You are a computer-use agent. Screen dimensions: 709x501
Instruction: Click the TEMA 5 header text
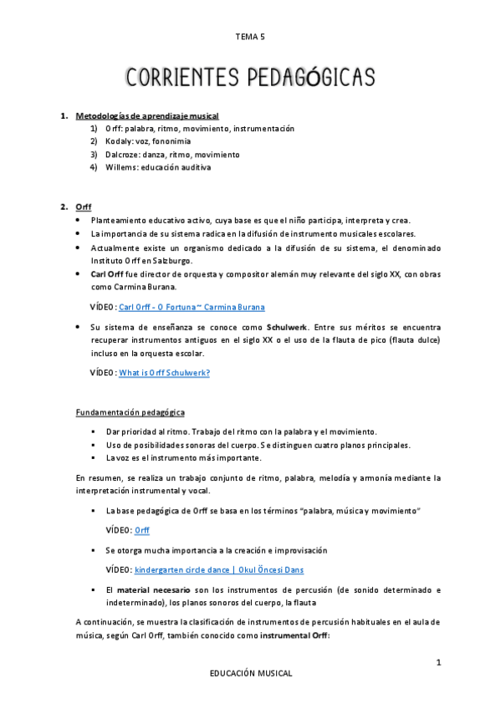click(250, 37)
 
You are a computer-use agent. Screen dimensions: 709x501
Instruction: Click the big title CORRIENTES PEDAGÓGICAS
click(250, 77)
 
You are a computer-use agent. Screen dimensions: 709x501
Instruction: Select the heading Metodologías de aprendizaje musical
click(147, 115)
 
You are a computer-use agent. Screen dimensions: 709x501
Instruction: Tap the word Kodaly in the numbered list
click(119, 141)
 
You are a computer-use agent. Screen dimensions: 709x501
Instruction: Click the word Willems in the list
click(120, 167)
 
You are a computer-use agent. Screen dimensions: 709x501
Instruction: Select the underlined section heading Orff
click(83, 207)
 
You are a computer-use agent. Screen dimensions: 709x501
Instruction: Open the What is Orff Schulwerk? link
click(164, 372)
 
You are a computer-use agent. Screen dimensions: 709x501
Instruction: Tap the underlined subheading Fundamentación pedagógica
click(130, 412)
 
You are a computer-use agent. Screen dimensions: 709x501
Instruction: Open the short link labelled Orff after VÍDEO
click(142, 530)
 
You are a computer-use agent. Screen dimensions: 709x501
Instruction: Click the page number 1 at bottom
click(437, 662)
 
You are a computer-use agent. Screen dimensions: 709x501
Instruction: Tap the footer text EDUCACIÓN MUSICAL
click(251, 672)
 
